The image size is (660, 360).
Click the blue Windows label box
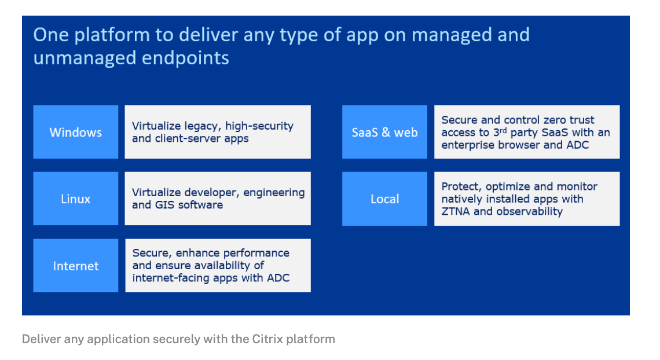(x=75, y=132)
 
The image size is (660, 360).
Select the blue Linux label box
(x=75, y=199)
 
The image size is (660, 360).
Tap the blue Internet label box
(x=75, y=266)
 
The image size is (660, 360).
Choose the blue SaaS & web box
(x=384, y=132)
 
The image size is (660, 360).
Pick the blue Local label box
(x=384, y=199)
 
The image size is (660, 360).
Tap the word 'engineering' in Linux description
(x=273, y=192)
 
